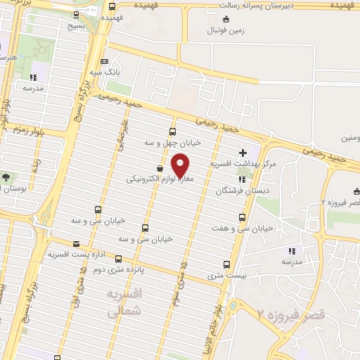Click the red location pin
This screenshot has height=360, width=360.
(181, 165)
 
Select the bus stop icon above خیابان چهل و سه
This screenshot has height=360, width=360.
(173, 131)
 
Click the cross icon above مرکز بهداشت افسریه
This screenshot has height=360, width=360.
(243, 152)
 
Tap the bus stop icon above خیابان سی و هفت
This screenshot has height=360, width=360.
(243, 218)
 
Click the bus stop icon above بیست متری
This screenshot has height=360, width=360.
(226, 264)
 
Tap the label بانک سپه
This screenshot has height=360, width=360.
(103, 72)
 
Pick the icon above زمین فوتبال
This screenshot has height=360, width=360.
(225, 19)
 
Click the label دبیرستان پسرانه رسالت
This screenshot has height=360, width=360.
(250, 6)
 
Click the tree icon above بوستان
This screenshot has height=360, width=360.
(6, 177)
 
